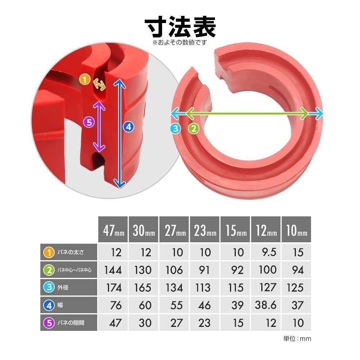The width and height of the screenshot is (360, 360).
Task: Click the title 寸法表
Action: pyautogui.click(x=180, y=27)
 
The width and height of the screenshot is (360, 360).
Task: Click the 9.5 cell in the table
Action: pyautogui.click(x=269, y=252)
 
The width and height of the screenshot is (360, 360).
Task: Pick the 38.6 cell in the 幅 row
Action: pyautogui.click(x=266, y=305)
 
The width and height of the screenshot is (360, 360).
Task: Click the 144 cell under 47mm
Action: pyautogui.click(x=113, y=270)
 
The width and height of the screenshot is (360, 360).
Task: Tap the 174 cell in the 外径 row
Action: pyautogui.click(x=114, y=288)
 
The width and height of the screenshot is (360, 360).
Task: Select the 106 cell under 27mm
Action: pyautogui.click(x=174, y=270)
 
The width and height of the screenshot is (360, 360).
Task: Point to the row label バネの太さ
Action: pyautogui.click(x=71, y=252)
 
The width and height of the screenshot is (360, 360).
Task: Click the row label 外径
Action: pyautogui.click(x=63, y=287)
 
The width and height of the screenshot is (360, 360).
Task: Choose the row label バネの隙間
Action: pyautogui.click(x=71, y=323)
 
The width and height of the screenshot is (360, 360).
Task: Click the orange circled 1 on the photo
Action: pyautogui.click(x=85, y=80)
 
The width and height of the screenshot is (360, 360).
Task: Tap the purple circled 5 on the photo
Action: pyautogui.click(x=89, y=122)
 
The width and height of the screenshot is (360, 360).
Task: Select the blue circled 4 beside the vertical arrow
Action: pyautogui.click(x=129, y=127)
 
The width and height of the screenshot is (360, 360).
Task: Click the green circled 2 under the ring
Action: pyautogui.click(x=194, y=129)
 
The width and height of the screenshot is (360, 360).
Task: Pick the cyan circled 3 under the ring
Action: pyautogui.click(x=176, y=129)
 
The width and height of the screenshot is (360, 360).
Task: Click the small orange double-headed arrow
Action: pyautogui.click(x=99, y=85)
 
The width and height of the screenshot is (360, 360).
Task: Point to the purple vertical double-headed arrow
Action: pyautogui.click(x=99, y=126)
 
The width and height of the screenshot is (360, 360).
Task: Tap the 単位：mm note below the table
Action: pyautogui.click(x=297, y=339)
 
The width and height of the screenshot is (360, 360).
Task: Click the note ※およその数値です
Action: pyautogui.click(x=180, y=42)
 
